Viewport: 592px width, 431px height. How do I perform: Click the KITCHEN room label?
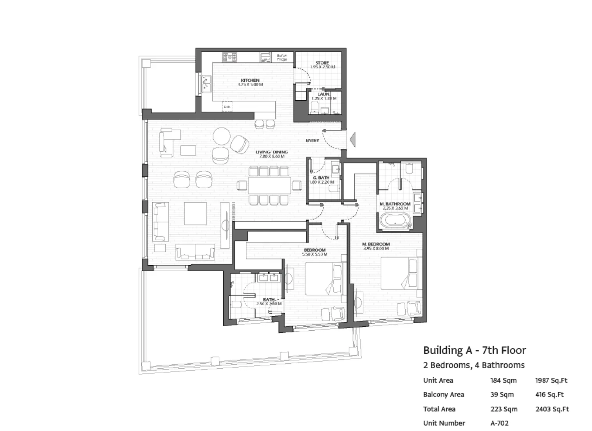pyautogui.click(x=250, y=80)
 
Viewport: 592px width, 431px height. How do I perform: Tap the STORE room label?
pyautogui.click(x=322, y=63)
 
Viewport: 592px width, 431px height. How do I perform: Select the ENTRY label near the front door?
pyautogui.click(x=312, y=140)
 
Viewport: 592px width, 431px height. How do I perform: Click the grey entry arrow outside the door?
pyautogui.click(x=352, y=139)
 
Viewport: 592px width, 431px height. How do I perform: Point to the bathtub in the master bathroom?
pyautogui.click(x=395, y=221)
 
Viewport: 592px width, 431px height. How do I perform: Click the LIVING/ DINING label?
pyautogui.click(x=271, y=152)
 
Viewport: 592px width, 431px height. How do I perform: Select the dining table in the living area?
pyautogui.click(x=269, y=185)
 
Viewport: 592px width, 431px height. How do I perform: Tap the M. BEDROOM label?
pyautogui.click(x=376, y=244)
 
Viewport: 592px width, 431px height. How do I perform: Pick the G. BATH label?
pyautogui.click(x=321, y=178)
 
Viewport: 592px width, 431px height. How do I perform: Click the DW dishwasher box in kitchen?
pyautogui.click(x=227, y=107)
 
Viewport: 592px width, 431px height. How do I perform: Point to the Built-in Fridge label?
pyautogui.click(x=282, y=58)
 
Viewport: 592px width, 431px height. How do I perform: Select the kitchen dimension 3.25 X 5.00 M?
pyautogui.click(x=250, y=85)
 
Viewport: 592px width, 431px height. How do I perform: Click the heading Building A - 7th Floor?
pyautogui.click(x=474, y=350)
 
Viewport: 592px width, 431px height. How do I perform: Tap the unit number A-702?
pyautogui.click(x=499, y=423)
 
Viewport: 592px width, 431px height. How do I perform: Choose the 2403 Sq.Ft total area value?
pyautogui.click(x=552, y=409)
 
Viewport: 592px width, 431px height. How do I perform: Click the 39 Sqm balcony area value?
pyautogui.click(x=502, y=395)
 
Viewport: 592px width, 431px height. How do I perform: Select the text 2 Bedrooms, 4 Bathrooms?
pyautogui.click(x=474, y=365)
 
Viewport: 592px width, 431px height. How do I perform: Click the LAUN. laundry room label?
pyautogui.click(x=324, y=94)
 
